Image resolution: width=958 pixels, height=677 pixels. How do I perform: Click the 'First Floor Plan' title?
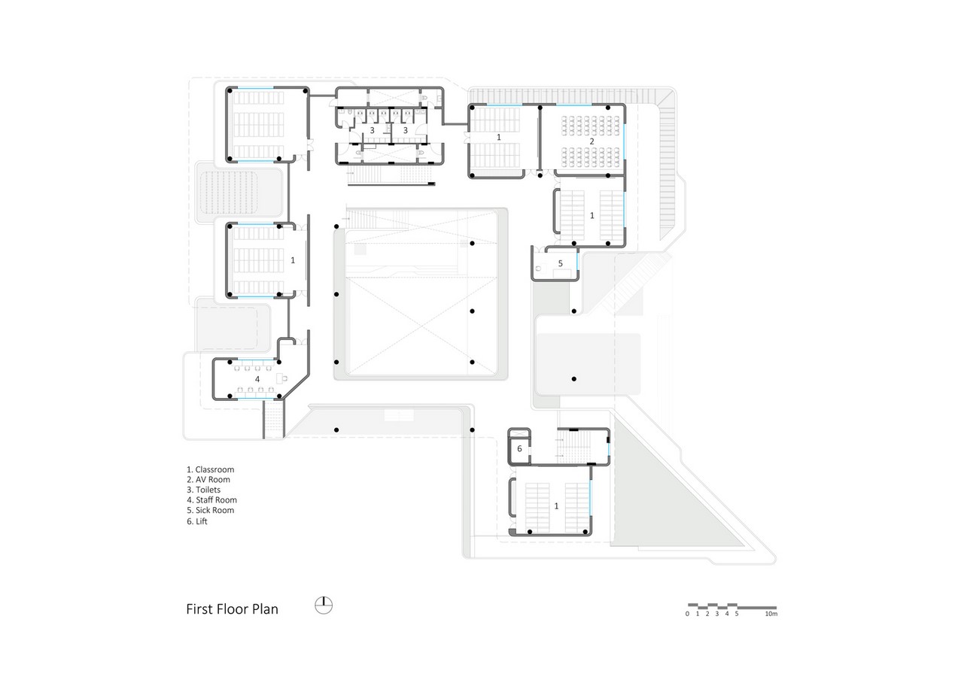232,609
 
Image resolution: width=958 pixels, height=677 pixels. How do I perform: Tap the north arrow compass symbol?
324,606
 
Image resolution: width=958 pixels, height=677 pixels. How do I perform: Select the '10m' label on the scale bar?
771,614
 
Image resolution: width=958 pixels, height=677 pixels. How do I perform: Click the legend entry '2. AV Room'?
208,480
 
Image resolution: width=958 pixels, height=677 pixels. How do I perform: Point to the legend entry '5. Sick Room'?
211,510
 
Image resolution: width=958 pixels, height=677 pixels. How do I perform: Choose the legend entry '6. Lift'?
196,521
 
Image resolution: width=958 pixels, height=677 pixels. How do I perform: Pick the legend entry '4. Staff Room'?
211,499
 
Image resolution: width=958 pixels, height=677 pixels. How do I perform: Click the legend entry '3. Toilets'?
204,490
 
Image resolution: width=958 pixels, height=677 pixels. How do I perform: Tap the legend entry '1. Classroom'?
211,469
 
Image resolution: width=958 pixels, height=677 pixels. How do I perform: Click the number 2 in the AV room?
592,141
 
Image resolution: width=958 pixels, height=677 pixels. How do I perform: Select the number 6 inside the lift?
519,448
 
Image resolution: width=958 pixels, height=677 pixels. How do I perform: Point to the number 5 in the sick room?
560,263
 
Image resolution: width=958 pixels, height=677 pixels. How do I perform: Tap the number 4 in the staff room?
257,378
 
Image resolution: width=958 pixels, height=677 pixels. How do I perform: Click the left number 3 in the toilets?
372,130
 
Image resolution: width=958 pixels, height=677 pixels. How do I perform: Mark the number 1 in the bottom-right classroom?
556,505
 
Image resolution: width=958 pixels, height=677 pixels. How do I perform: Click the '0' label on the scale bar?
687,614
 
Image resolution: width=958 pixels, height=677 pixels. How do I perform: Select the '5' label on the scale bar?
737,614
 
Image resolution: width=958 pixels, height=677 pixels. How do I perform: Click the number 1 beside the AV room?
499,137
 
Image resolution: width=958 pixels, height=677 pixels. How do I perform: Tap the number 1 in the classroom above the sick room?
592,215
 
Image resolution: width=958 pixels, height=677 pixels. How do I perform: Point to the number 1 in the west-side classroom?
293,260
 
